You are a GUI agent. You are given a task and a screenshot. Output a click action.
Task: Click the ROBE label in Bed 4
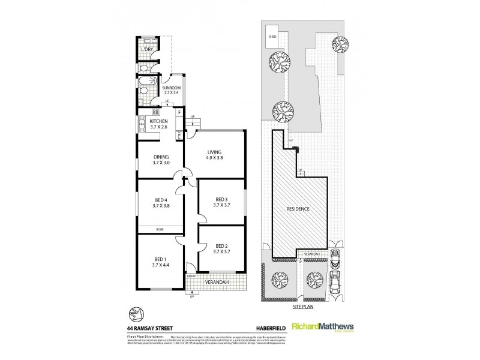(x=160, y=229)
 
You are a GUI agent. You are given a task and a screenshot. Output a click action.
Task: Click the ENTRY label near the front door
(x=191, y=276)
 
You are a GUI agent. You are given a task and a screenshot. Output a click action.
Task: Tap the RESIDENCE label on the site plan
(x=298, y=209)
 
